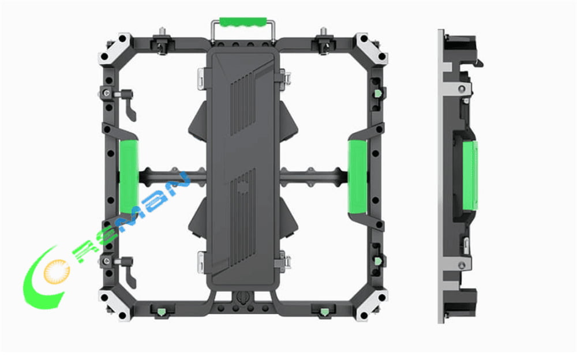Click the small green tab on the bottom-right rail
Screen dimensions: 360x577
tap(322, 312)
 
